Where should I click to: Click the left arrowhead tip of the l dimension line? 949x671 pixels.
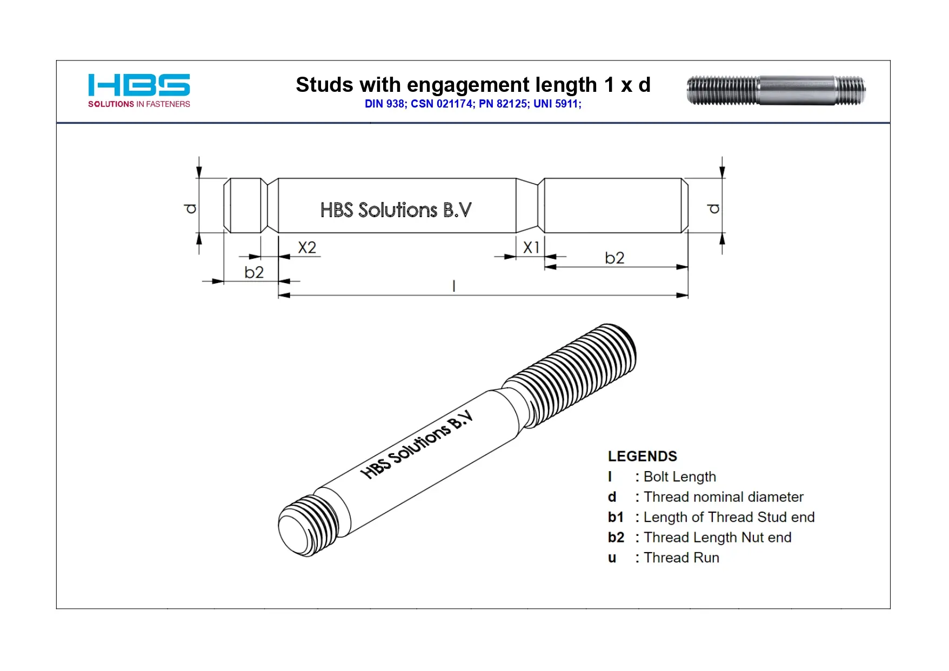(x=278, y=296)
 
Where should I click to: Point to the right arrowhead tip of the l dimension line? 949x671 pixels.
(x=688, y=296)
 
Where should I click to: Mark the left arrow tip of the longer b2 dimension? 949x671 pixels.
(x=545, y=267)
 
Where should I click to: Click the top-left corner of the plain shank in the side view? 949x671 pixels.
(x=278, y=178)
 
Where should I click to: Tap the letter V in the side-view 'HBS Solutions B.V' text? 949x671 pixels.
(x=464, y=210)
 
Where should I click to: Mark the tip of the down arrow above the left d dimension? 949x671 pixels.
(x=199, y=178)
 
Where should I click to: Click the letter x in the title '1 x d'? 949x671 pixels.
(x=626, y=86)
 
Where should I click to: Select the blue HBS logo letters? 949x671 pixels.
(x=139, y=85)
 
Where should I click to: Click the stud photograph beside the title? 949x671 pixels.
(x=776, y=90)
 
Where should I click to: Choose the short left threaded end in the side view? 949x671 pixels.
(x=245, y=205)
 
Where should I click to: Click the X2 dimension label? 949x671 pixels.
(x=307, y=247)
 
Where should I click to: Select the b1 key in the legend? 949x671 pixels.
(x=616, y=517)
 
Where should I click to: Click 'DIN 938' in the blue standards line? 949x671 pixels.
(x=385, y=104)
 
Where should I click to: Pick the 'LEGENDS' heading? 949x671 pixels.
(x=643, y=457)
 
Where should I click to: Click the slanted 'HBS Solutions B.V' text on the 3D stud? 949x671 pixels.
(x=417, y=445)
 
